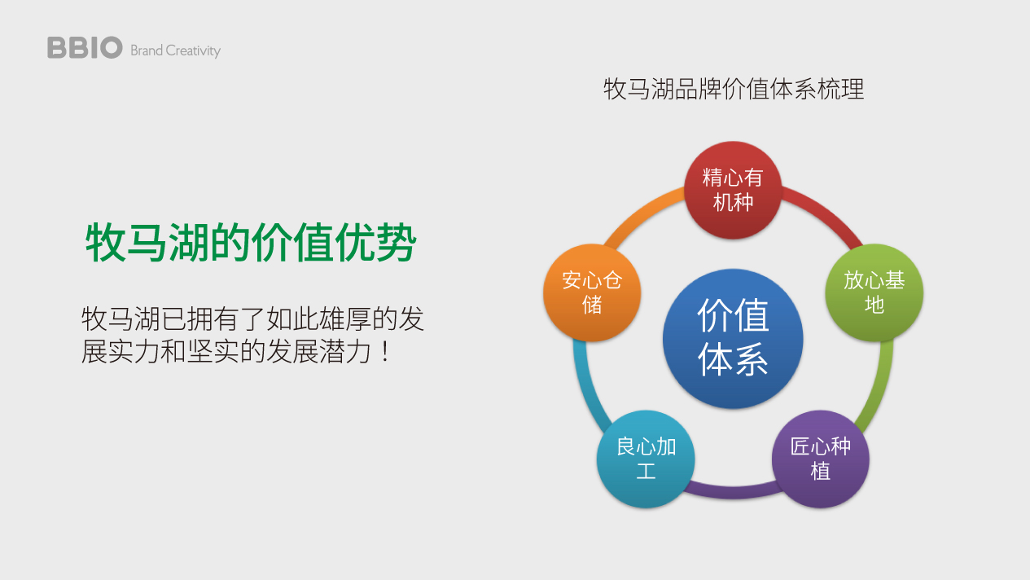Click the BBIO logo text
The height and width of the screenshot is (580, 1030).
pyautogui.click(x=85, y=47)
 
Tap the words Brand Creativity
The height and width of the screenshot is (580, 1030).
pyautogui.click(x=176, y=51)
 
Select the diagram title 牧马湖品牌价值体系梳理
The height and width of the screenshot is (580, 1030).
pyautogui.click(x=734, y=89)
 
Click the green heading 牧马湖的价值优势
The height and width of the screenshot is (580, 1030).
pyautogui.click(x=251, y=243)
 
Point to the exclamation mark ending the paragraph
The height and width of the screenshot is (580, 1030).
pyautogui.click(x=385, y=351)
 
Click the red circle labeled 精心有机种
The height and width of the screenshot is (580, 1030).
pyautogui.click(x=733, y=190)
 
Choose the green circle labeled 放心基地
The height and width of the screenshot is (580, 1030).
pyautogui.click(x=874, y=292)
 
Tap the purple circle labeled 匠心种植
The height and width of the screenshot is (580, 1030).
pyautogui.click(x=820, y=459)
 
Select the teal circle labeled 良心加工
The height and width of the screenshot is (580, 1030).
pyautogui.click(x=646, y=459)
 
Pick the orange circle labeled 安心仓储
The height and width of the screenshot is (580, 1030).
pyautogui.click(x=592, y=292)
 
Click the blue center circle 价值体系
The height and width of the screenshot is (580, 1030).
pyautogui.click(x=733, y=339)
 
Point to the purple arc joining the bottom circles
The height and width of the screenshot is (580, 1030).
pyautogui.click(x=733, y=493)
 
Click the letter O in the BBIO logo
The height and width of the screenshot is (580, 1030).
pyautogui.click(x=111, y=47)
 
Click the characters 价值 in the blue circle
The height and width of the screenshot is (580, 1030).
pyautogui.click(x=733, y=315)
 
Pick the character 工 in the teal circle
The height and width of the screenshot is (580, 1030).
pyautogui.click(x=646, y=472)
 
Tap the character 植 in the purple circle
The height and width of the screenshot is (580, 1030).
pyautogui.click(x=820, y=472)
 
